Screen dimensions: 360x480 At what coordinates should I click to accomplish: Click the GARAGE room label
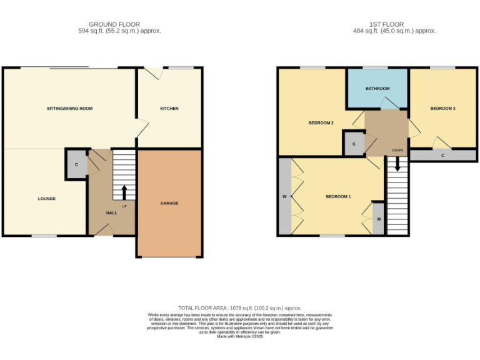(x=169, y=203)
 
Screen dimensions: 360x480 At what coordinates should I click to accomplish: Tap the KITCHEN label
(x=169, y=109)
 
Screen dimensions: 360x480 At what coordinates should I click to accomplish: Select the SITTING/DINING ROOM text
(x=69, y=109)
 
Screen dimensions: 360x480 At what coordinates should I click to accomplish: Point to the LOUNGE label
(x=46, y=199)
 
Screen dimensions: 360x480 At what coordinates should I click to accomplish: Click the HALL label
(x=111, y=212)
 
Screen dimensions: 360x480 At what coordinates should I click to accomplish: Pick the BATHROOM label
(x=377, y=89)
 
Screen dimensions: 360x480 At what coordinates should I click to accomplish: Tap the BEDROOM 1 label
(x=338, y=197)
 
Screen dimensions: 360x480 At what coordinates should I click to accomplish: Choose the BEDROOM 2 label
(x=321, y=122)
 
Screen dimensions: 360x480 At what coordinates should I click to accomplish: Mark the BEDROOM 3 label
(x=442, y=109)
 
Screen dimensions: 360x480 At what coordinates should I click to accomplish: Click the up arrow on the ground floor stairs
(x=124, y=192)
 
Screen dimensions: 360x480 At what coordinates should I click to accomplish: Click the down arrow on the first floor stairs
(x=397, y=164)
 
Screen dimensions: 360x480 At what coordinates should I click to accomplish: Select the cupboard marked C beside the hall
(x=76, y=164)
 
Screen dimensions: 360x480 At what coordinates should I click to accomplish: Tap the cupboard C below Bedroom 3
(x=442, y=155)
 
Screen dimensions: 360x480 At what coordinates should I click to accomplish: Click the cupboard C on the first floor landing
(x=354, y=144)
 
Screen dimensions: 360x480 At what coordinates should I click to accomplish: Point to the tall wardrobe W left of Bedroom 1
(x=284, y=197)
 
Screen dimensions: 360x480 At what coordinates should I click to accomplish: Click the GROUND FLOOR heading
(x=114, y=24)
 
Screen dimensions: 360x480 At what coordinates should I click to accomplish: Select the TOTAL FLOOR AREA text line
(x=240, y=308)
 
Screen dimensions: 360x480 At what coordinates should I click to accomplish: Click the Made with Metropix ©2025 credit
(x=240, y=336)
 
